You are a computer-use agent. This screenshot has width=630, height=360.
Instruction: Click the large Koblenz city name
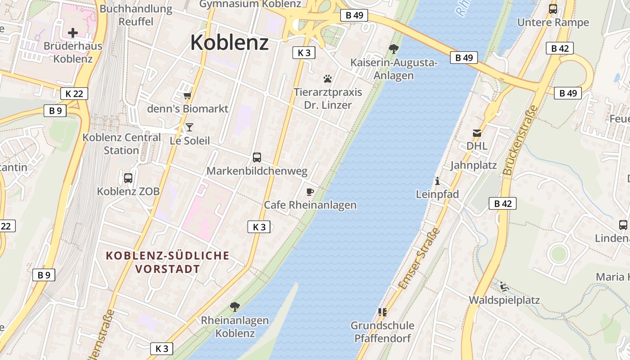(x=229, y=42)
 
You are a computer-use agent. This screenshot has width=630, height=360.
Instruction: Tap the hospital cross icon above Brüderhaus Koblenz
(x=73, y=32)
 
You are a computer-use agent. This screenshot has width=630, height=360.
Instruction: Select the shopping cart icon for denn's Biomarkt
(x=188, y=95)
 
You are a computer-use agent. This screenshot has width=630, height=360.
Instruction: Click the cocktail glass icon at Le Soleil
(x=189, y=127)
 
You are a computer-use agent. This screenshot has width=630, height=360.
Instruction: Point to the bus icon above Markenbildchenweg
(x=257, y=157)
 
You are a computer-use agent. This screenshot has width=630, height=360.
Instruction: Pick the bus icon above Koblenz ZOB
(x=128, y=178)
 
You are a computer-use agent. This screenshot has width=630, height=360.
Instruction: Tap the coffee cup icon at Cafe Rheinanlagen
(x=310, y=192)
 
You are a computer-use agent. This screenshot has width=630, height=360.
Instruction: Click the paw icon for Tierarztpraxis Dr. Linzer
(x=328, y=79)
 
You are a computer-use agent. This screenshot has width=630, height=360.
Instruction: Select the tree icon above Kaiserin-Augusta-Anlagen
(x=394, y=49)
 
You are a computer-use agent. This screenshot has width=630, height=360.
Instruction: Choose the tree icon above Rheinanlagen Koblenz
(x=234, y=307)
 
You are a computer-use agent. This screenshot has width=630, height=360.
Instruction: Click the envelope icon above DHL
(x=477, y=133)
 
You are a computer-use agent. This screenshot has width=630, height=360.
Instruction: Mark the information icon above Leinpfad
(x=437, y=181)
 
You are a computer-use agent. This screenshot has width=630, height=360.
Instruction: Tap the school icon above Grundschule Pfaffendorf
(x=382, y=312)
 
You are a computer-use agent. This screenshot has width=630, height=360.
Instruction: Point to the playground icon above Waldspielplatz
(x=504, y=287)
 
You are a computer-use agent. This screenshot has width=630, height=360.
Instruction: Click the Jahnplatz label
(x=473, y=165)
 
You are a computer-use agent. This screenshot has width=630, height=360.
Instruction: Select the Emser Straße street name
(x=419, y=258)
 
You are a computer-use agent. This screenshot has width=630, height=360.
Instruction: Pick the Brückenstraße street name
(x=521, y=140)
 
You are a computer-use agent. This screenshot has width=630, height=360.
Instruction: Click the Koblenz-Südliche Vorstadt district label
(x=167, y=262)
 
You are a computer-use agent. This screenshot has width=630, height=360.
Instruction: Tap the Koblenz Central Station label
(x=121, y=144)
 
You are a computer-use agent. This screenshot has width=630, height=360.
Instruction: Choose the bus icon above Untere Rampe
(x=553, y=9)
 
